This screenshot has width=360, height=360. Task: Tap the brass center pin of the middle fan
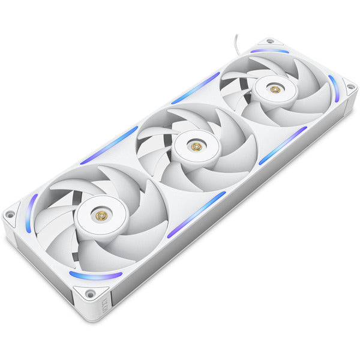point(194,146)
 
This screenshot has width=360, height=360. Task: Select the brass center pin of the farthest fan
point(274,89)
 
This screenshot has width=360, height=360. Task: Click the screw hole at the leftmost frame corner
point(10,214)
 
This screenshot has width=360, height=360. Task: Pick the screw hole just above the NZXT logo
point(89,294)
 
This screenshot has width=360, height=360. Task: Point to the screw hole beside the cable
point(270,41)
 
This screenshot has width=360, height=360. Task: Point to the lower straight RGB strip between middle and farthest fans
point(283,145)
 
